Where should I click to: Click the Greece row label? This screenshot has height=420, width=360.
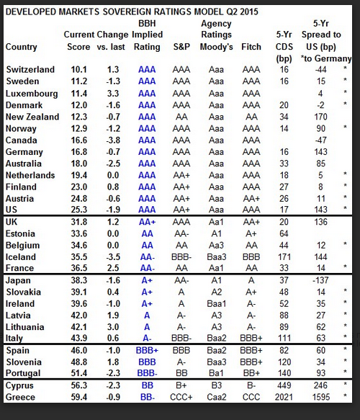pos(20,397)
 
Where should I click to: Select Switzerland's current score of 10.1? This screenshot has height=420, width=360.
pos(78,70)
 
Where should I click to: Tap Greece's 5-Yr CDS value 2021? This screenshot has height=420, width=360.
pos(284,397)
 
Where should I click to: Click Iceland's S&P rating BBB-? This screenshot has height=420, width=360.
pos(181,257)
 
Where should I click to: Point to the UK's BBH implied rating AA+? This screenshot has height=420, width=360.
pos(147,222)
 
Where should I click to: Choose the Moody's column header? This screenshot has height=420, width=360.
pos(216,47)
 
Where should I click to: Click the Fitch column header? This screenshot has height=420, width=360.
pos(251,47)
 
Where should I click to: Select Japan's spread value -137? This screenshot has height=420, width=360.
pos(320,280)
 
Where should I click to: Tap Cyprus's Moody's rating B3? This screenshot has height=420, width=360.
pos(216,385)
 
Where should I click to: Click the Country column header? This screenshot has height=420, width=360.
pos(21,47)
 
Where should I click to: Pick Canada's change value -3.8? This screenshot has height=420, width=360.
pos(113,140)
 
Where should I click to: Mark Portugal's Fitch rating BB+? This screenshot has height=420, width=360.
pos(251,373)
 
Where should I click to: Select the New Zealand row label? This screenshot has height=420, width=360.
pos(32,117)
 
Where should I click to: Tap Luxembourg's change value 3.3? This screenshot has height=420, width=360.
pos(113,93)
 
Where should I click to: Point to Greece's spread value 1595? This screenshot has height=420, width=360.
pos(321,397)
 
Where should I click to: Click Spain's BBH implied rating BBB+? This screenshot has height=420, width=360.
pos(147,350)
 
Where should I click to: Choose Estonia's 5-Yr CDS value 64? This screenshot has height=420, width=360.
pos(284,233)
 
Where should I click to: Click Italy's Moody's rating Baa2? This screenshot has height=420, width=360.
pos(216,338)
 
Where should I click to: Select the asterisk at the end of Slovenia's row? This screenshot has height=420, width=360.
pos(346,360)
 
